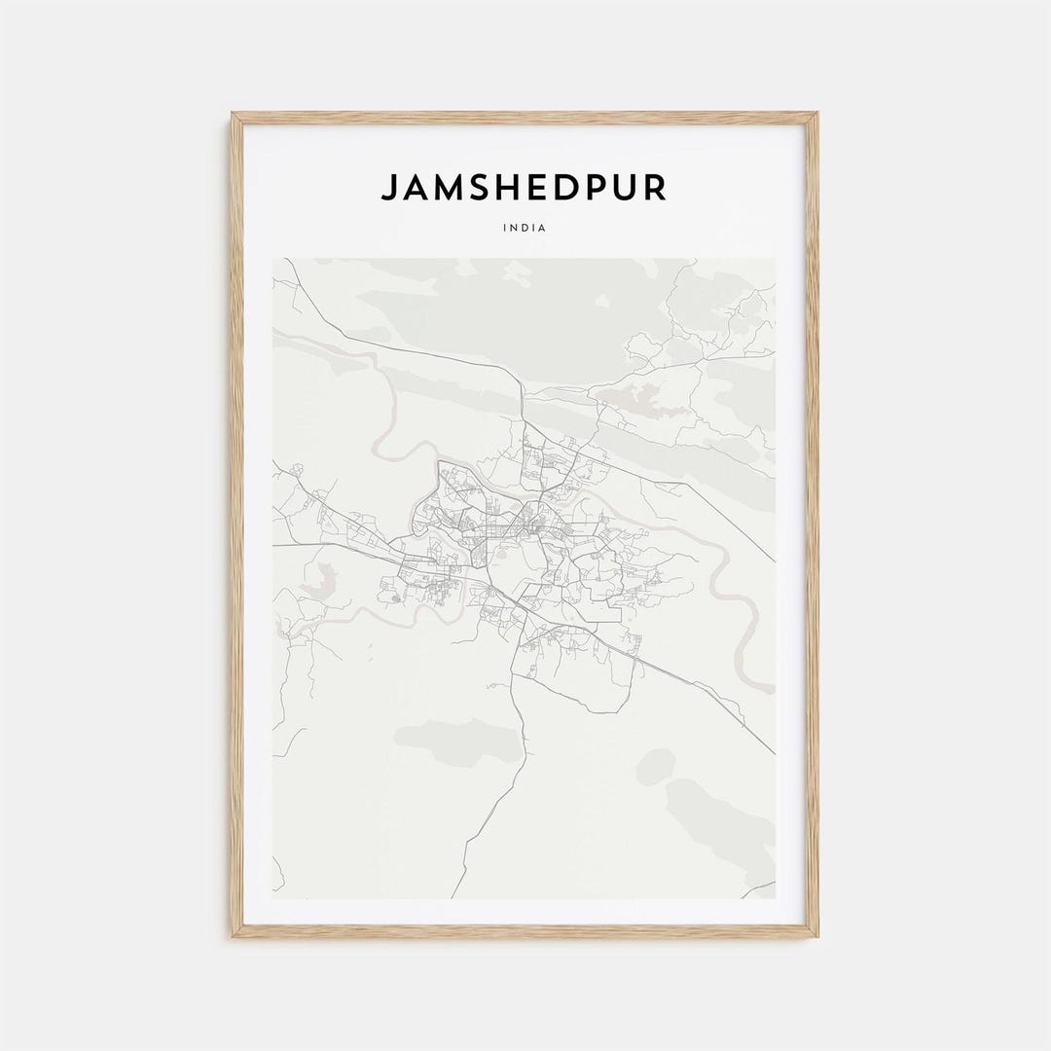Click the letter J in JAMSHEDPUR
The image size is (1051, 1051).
(x=388, y=188)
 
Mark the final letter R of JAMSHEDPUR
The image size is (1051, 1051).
(x=657, y=188)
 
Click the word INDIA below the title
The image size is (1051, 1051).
(x=525, y=228)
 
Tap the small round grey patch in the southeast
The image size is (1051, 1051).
(x=655, y=766)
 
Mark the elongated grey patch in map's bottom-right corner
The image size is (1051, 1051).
(x=720, y=817)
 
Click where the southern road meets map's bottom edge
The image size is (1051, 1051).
(x=453, y=896)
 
